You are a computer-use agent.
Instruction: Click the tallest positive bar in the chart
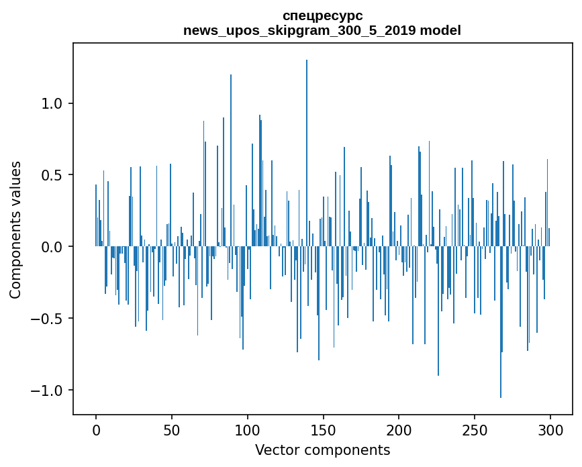307,153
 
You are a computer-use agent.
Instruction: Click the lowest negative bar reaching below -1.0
501,322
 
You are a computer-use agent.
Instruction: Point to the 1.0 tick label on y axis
51,103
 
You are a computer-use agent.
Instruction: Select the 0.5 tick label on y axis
51,175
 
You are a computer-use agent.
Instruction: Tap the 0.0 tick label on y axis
51,247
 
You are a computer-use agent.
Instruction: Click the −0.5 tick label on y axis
46,318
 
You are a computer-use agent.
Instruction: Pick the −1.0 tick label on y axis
46,391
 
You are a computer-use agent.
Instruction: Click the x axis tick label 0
96,431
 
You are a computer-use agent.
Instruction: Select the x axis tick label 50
171,431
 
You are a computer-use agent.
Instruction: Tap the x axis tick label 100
247,431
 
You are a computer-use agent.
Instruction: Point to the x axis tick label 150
323,431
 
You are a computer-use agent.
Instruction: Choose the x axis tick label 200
399,431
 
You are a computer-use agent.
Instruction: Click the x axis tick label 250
475,431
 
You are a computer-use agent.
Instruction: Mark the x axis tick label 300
550,431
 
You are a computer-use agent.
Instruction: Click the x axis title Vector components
322,450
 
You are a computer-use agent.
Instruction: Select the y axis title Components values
15,230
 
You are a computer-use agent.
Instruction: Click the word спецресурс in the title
322,16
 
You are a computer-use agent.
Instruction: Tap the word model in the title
440,30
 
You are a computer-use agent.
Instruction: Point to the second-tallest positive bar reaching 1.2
231,160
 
